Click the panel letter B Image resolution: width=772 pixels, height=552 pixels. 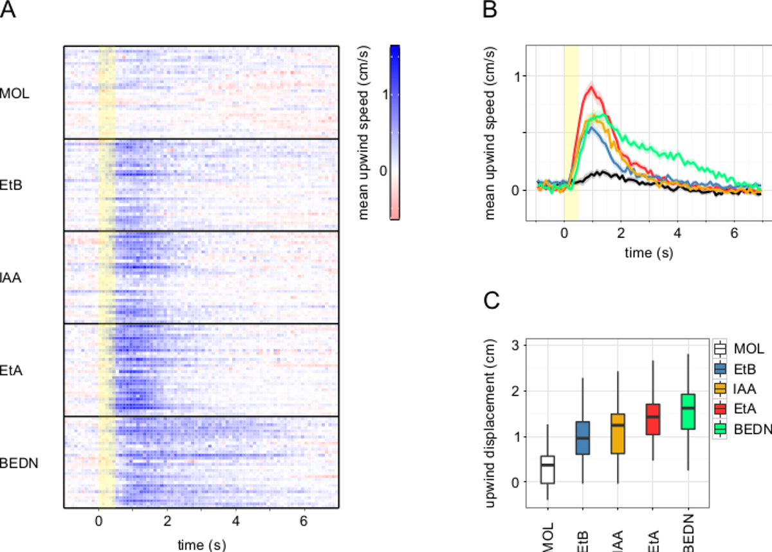tap(490, 10)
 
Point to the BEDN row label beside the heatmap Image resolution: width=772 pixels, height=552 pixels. tap(17, 462)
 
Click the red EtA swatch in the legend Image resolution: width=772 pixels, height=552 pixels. tap(720, 408)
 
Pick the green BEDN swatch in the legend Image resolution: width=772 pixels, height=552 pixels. tap(720, 427)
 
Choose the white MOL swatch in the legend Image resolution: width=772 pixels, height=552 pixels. tap(720, 349)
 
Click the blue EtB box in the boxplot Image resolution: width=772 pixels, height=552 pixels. tap(582, 438)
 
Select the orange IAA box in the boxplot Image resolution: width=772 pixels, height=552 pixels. tap(618, 434)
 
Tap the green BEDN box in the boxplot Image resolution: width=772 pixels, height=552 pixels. tap(688, 411)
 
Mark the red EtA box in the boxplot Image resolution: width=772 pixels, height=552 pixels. tap(652, 419)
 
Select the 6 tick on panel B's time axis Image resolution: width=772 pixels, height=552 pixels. tap(734, 234)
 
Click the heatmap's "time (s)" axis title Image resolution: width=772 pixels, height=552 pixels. tap(201, 544)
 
